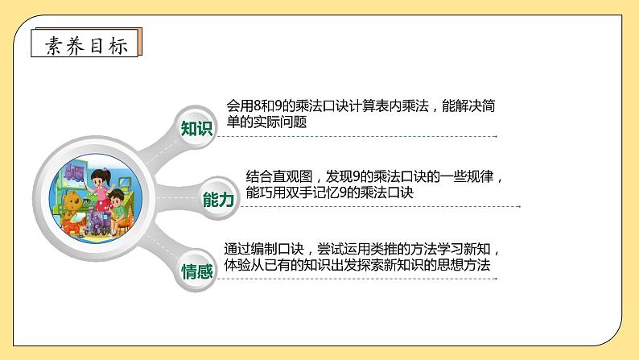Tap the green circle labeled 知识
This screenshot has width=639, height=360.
point(197,129)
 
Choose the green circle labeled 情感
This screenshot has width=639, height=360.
point(197,271)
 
